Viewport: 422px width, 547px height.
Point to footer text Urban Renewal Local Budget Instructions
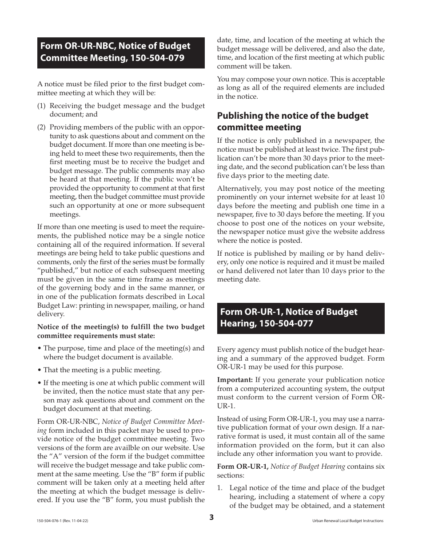(348, 521)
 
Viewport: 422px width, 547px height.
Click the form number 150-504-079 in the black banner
(158, 58)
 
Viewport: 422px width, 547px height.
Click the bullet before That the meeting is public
(40, 370)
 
